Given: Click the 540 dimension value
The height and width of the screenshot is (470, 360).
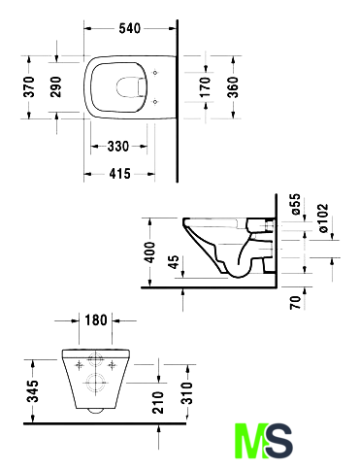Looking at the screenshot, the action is pos(130,28).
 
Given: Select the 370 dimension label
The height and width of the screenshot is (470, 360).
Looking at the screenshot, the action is pos(29,86).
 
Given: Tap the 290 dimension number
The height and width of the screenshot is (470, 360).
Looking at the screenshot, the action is pos(56,86).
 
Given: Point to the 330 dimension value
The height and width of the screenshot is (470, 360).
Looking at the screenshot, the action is pos(118,147).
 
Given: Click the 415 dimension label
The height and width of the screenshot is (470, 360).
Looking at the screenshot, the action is pos(119,174).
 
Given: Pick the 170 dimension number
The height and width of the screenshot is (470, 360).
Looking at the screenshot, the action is pos(206,86).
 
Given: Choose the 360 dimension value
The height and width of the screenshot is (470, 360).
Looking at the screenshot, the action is pos(233,87).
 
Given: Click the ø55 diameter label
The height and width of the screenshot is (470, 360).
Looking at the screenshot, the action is pos(296,204).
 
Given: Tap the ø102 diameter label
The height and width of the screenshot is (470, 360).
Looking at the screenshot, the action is pos(323,218).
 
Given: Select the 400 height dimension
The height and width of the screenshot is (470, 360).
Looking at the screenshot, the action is pos(149,252).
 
